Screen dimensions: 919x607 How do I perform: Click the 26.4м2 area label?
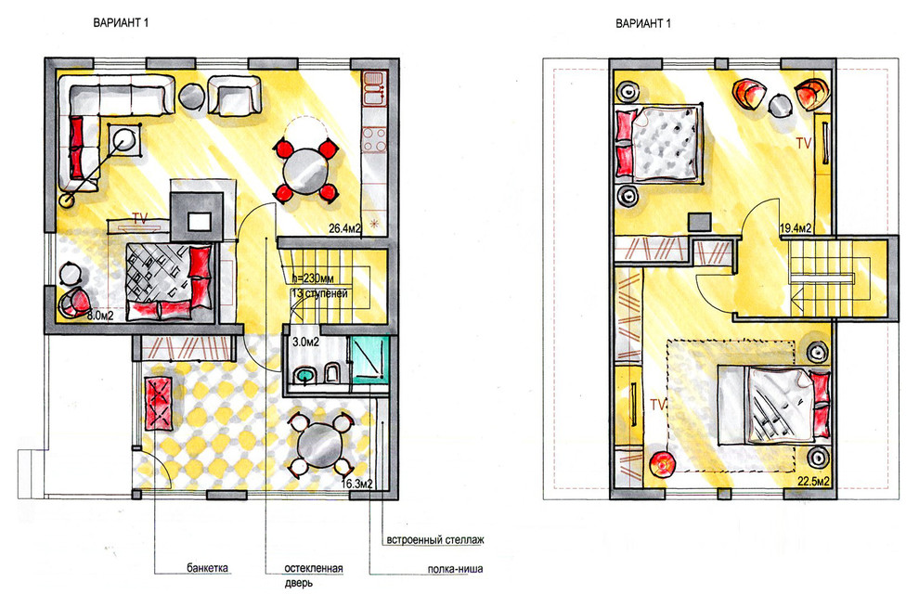(344, 228)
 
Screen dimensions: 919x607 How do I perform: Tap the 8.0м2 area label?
(99, 316)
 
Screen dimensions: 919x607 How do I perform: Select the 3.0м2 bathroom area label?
(305, 341)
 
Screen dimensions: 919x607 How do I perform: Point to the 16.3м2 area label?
(357, 484)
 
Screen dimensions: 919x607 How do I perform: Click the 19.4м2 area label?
(796, 228)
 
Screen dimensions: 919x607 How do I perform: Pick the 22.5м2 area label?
(813, 481)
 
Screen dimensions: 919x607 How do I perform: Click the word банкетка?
(208, 568)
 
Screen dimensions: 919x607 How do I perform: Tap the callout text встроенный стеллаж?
(434, 539)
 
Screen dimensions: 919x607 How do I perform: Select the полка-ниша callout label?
(455, 568)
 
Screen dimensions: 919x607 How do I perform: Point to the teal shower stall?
(369, 359)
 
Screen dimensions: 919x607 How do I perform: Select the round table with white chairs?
(319, 445)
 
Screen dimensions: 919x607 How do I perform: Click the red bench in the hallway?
(158, 403)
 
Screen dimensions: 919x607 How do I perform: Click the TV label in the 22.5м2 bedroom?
(658, 405)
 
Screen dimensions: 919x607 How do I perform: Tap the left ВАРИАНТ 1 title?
(121, 23)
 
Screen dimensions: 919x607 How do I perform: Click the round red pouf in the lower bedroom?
(662, 463)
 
